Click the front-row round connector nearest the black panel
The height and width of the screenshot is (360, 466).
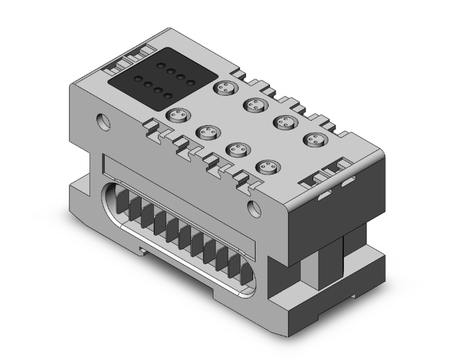[177, 115]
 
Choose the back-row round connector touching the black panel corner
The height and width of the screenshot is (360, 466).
[224, 88]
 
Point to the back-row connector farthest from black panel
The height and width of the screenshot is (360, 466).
[313, 139]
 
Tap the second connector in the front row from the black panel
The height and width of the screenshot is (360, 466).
[206, 131]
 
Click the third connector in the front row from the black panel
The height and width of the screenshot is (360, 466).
[237, 149]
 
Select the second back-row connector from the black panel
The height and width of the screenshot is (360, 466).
[253, 105]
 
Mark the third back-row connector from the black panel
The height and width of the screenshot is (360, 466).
[283, 122]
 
